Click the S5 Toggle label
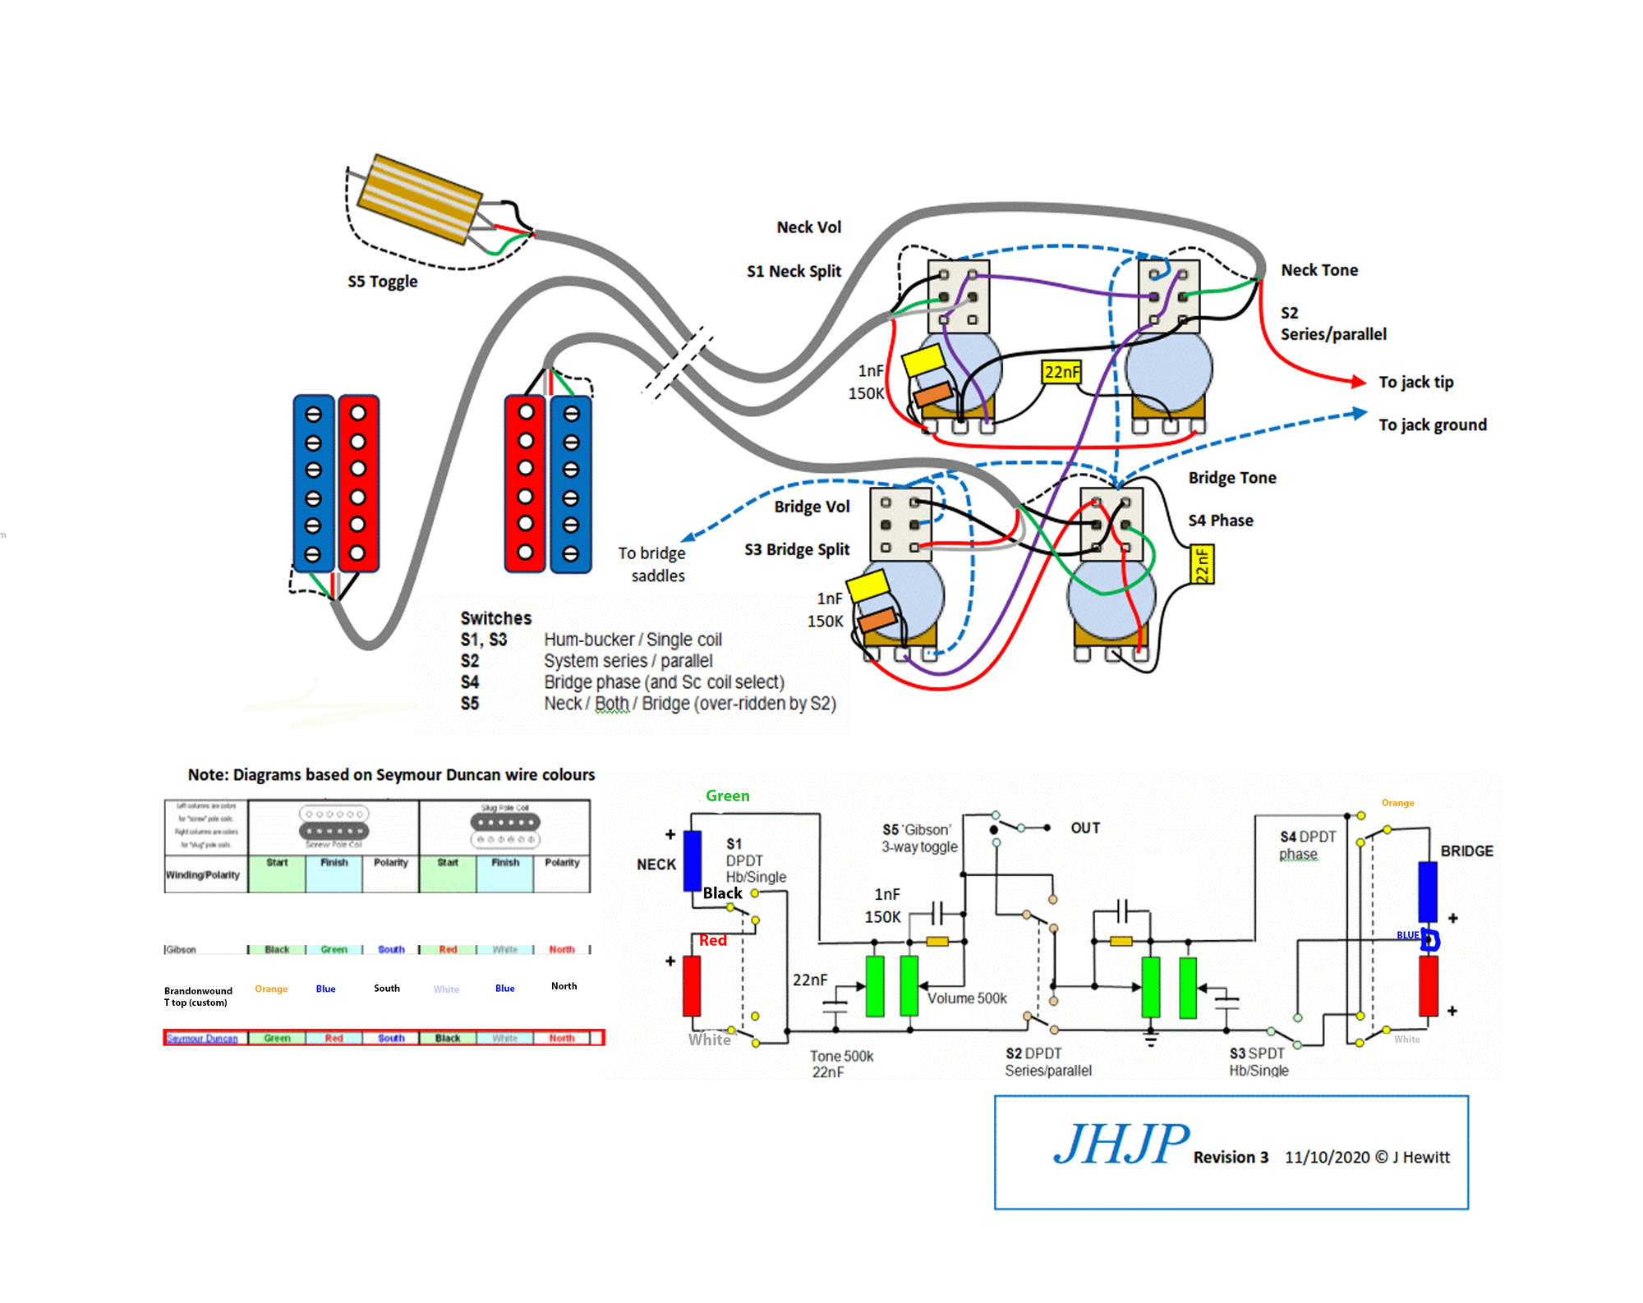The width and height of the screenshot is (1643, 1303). click(x=382, y=282)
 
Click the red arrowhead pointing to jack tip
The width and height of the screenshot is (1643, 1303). click(x=1358, y=381)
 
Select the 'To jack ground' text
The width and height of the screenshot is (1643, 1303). click(x=1432, y=424)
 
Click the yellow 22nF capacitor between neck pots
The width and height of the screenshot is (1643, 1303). click(x=1061, y=372)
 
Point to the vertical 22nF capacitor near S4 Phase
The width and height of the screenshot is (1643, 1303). click(x=1202, y=565)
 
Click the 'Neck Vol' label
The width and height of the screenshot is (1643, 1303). click(x=808, y=227)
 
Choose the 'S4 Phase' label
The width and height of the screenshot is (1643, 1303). click(x=1220, y=521)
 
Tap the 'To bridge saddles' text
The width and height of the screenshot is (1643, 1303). click(x=653, y=564)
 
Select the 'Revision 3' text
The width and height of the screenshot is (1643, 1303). click(x=1231, y=1157)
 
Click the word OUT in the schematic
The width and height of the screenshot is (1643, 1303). click(x=1085, y=828)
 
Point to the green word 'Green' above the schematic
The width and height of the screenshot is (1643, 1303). click(x=727, y=796)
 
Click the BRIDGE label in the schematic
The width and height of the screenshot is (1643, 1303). click(x=1466, y=851)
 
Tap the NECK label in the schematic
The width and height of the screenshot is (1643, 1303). click(x=656, y=864)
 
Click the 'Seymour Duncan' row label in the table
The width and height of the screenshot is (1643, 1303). click(x=202, y=1038)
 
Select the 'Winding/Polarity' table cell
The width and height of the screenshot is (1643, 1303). click(x=203, y=874)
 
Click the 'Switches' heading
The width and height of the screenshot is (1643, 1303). click(x=495, y=618)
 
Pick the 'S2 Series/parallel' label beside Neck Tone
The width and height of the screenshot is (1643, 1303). click(x=1332, y=323)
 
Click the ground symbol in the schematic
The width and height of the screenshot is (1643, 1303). click(x=1151, y=1040)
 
